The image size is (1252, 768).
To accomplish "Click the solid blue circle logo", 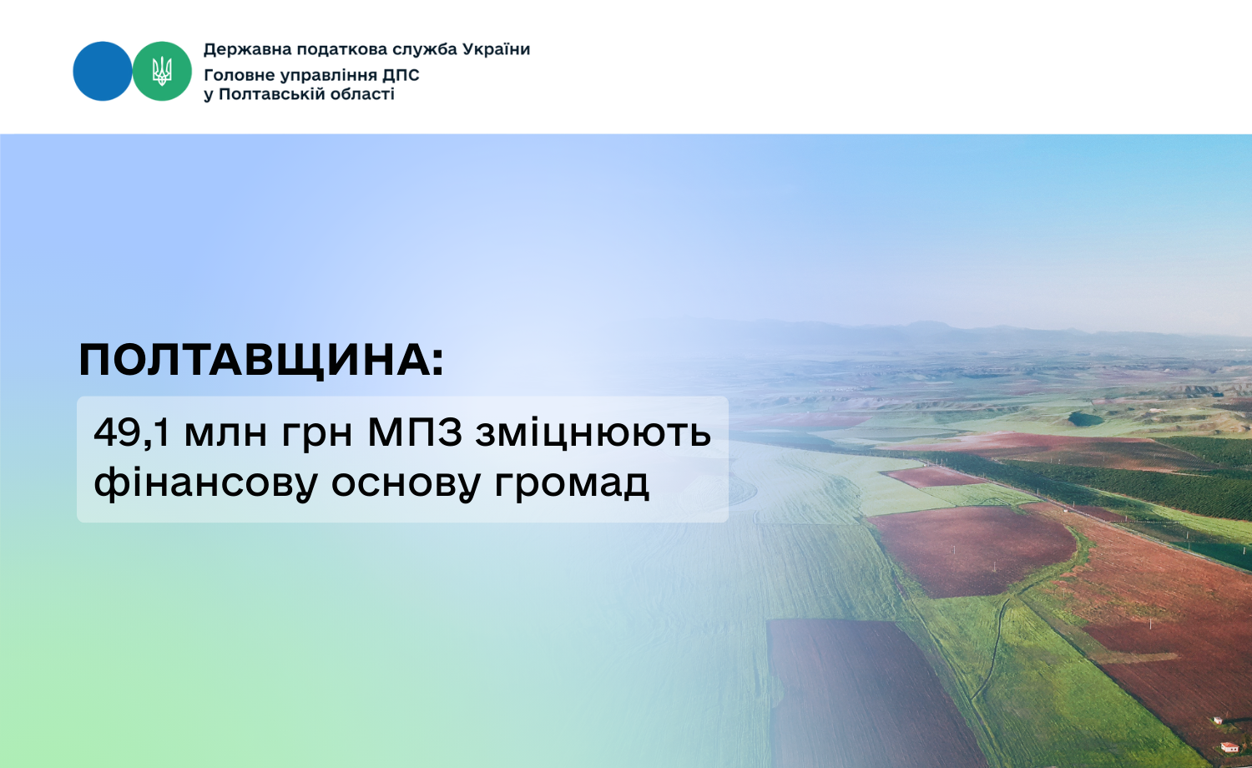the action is click(x=103, y=71).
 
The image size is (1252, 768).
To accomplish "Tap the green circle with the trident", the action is click(x=162, y=71).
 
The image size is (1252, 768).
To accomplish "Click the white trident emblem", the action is click(x=162, y=71).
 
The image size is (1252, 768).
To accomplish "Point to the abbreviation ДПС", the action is click(x=400, y=75).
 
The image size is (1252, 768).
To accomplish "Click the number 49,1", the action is click(x=132, y=432).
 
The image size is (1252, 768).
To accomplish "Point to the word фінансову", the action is click(x=205, y=483).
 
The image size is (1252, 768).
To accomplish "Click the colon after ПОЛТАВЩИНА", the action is click(x=437, y=361).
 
